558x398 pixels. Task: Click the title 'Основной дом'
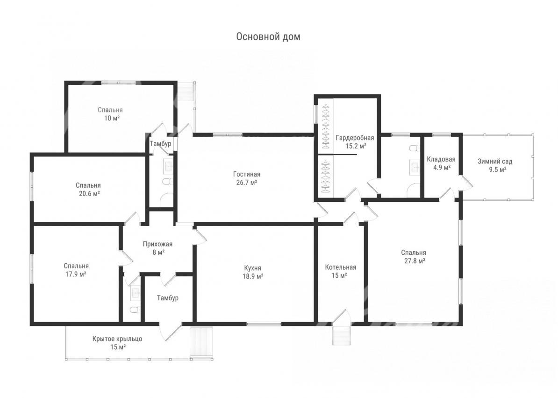pos(268,37)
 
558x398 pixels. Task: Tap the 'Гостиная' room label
pos(247,174)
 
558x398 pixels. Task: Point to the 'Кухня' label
pos(253,268)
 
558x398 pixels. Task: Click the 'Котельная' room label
pos(341,267)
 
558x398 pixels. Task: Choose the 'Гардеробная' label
pos(355,138)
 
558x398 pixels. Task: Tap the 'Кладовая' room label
pos(441,159)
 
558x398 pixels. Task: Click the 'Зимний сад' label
pos(495,162)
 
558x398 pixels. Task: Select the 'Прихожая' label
pos(157,244)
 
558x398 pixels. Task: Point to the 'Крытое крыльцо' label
pos(117,339)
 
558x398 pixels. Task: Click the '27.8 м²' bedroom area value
pos(414,261)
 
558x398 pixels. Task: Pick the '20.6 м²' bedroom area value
pos(88,194)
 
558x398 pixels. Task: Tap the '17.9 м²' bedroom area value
pos(76,274)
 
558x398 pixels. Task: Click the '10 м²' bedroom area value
pos(112,118)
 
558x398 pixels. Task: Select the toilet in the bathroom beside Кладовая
pos(413,148)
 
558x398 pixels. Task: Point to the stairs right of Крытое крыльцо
pos(202,343)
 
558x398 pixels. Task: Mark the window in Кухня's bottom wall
pos(264,324)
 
